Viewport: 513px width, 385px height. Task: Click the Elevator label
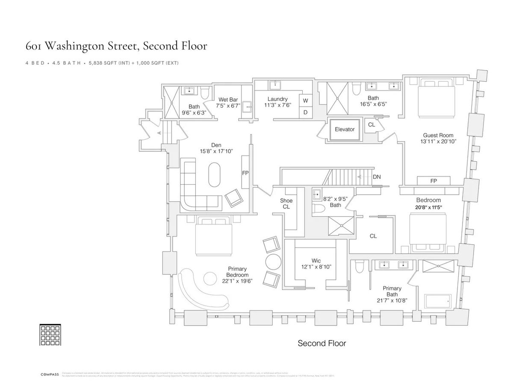coord(345,129)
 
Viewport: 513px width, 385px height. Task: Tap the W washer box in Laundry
coord(306,101)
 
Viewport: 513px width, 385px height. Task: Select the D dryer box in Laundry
coord(306,112)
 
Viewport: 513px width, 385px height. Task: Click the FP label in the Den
coord(245,173)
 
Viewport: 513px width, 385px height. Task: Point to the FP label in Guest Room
coord(433,181)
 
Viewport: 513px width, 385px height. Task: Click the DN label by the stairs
coord(377,176)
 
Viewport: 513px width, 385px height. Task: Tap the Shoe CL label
coord(286,204)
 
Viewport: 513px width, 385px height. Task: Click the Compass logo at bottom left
coord(50,375)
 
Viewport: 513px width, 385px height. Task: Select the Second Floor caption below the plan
coord(321,343)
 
